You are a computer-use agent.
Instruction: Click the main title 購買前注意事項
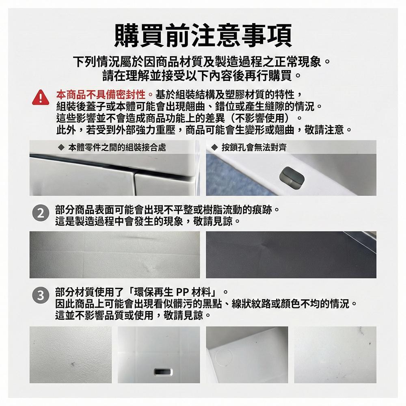tap(203, 35)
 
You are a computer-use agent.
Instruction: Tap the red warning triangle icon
tap(41, 97)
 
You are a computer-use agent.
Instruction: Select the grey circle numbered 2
tap(41, 214)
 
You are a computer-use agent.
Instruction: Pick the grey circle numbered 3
tap(41, 296)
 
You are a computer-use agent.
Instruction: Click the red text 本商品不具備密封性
tap(101, 95)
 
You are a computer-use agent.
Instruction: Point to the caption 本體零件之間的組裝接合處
tap(117, 148)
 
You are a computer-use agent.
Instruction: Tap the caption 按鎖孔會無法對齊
tap(254, 148)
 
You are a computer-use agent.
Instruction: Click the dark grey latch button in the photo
tap(292, 177)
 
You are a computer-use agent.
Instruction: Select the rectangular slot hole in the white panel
tap(163, 372)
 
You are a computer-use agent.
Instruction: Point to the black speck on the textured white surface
tap(73, 364)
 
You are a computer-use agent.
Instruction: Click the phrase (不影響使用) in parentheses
tap(260, 118)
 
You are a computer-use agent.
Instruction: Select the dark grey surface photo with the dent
tap(291, 255)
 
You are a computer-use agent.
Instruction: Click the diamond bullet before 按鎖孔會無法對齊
tap(214, 148)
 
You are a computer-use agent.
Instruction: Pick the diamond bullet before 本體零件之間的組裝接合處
tap(61, 148)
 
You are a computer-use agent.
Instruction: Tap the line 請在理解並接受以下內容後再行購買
tap(202, 76)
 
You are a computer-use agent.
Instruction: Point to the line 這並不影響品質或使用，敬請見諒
tap(133, 315)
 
